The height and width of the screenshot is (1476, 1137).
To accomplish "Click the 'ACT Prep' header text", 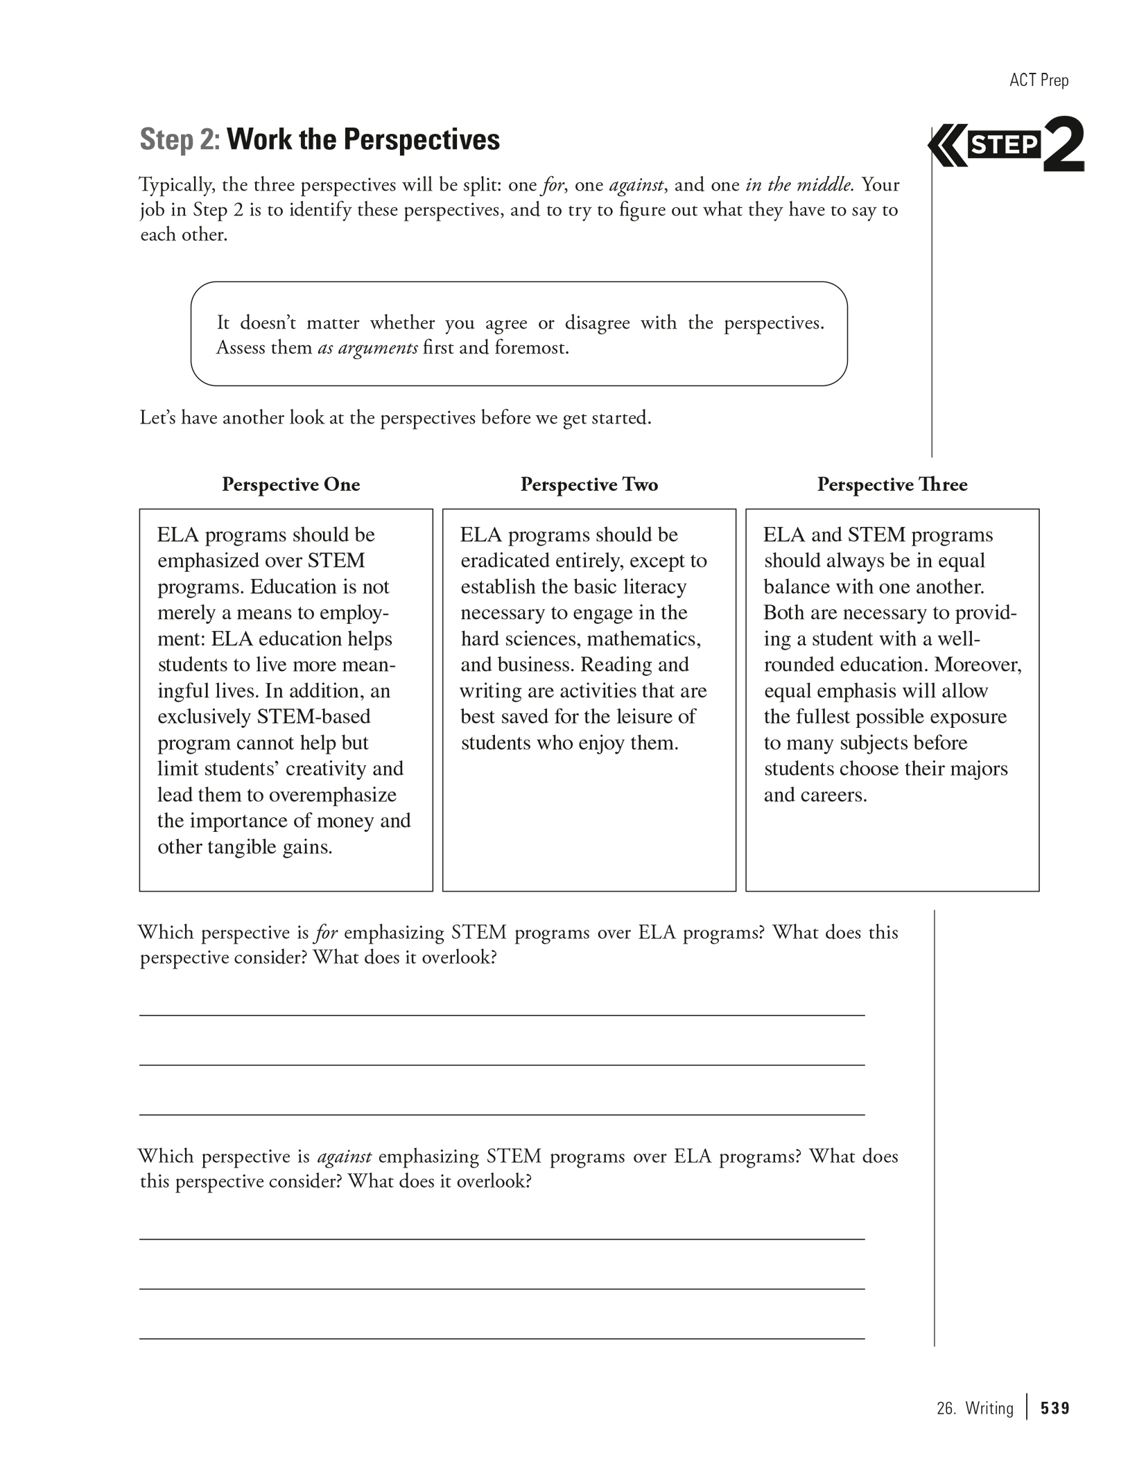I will pyautogui.click(x=1039, y=80).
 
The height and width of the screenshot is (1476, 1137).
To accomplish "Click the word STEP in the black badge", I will pyautogui.click(x=1004, y=146).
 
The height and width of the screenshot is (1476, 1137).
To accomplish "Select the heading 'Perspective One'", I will pyautogui.click(x=290, y=484).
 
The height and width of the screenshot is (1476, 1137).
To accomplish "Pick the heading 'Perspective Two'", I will pyautogui.click(x=589, y=484).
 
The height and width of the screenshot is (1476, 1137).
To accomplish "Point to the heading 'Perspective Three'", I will pyautogui.click(x=892, y=484).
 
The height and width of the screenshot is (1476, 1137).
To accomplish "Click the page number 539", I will pyautogui.click(x=1055, y=1408).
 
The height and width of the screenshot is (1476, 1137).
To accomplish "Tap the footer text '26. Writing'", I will pyautogui.click(x=974, y=1408).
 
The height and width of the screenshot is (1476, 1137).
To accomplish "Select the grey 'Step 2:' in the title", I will pyautogui.click(x=180, y=139).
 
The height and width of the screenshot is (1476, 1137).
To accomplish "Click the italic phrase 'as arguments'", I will pyautogui.click(x=367, y=347).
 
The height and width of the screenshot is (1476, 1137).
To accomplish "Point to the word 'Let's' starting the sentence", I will pyautogui.click(x=157, y=418).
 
